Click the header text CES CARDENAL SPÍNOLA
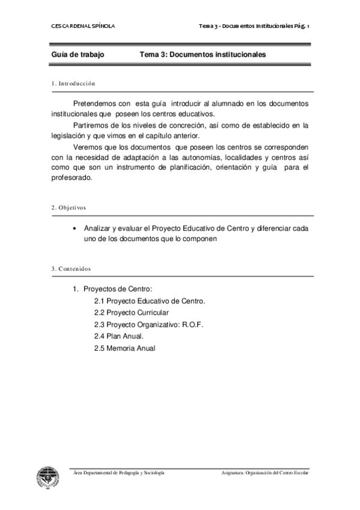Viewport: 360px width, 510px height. tap(83, 26)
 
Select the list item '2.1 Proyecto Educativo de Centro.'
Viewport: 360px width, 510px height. tap(150, 301)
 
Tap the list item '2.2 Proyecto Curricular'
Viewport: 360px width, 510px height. tap(131, 313)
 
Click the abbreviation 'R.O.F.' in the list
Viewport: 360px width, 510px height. tap(193, 324)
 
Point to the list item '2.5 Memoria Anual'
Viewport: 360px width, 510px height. tap(124, 348)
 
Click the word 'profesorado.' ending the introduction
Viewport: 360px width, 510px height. tap(72, 179)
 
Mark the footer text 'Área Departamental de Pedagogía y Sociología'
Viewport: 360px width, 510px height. tap(118, 473)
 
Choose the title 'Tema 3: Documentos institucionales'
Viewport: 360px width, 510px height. tap(203, 55)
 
